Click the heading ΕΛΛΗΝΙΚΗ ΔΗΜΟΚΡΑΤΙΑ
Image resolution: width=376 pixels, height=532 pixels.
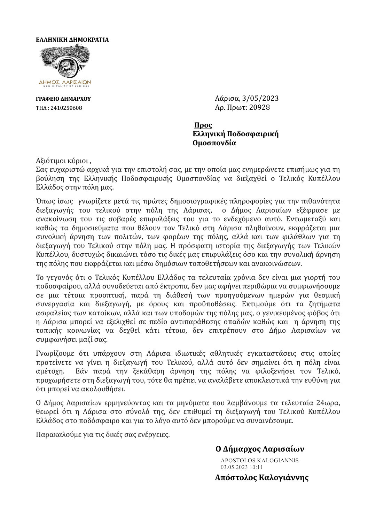[x=72, y=40]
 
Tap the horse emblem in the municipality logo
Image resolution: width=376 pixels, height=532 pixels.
[x=65, y=65]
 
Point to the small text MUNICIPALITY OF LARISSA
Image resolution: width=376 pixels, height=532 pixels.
[x=65, y=86]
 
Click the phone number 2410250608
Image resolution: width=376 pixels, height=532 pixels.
[x=66, y=108]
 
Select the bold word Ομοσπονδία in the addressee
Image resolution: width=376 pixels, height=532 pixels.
[x=214, y=143]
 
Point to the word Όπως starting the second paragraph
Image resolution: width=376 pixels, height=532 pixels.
[x=45, y=201]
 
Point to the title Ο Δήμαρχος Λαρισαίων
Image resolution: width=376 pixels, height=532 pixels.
[x=260, y=448]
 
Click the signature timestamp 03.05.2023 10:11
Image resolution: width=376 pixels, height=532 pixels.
[x=241, y=467]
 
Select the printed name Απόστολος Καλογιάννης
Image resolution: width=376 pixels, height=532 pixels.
[x=262, y=477]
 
